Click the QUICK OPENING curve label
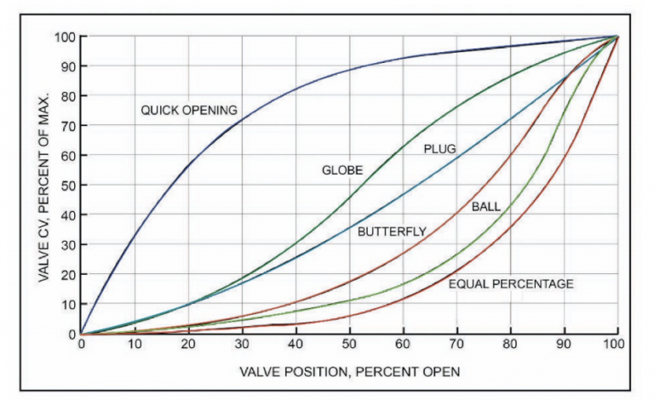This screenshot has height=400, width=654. [x=188, y=110]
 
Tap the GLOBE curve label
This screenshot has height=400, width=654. [x=341, y=170]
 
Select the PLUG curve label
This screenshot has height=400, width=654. [x=440, y=149]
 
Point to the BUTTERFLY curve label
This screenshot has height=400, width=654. [x=392, y=231]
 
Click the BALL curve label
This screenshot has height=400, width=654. [x=486, y=207]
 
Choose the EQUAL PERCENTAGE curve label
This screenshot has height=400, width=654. [x=511, y=283]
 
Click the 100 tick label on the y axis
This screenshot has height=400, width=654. [x=64, y=37]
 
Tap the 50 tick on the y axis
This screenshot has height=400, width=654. [x=66, y=186]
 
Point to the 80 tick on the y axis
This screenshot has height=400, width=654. [x=66, y=96]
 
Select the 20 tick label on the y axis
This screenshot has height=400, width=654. [x=66, y=275]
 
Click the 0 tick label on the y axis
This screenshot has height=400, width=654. [x=70, y=334]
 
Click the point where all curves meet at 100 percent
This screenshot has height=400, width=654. [x=617, y=37]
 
